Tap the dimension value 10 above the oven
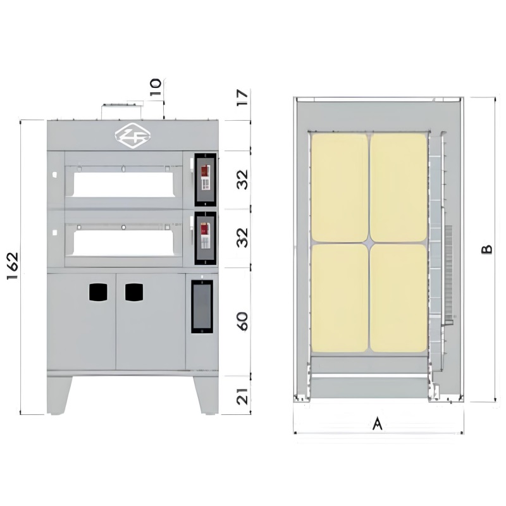tap(156, 87)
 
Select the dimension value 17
tap(242, 97)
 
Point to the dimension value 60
tap(242, 321)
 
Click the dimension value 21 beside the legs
tap(242, 396)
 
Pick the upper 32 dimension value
tap(242, 180)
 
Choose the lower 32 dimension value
tap(242, 238)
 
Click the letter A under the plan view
tap(377, 423)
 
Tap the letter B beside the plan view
tap(487, 249)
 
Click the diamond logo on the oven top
tap(133, 136)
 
